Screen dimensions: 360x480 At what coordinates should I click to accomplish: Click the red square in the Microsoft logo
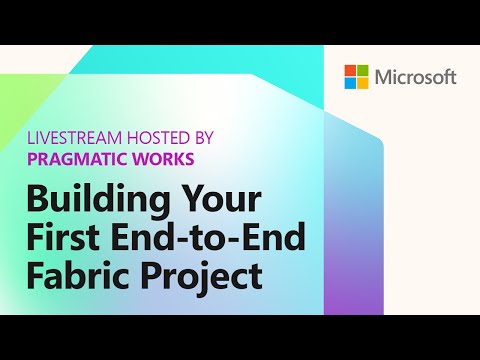pos(350,71)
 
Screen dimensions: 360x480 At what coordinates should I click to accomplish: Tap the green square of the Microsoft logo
pos(362,71)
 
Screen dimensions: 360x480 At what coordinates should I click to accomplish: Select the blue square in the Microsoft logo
pos(350,83)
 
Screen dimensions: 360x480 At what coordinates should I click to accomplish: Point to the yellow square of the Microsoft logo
pos(362,83)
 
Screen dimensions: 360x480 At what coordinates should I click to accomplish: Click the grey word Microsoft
pos(415,77)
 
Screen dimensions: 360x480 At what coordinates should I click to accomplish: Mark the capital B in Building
pos(38,195)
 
